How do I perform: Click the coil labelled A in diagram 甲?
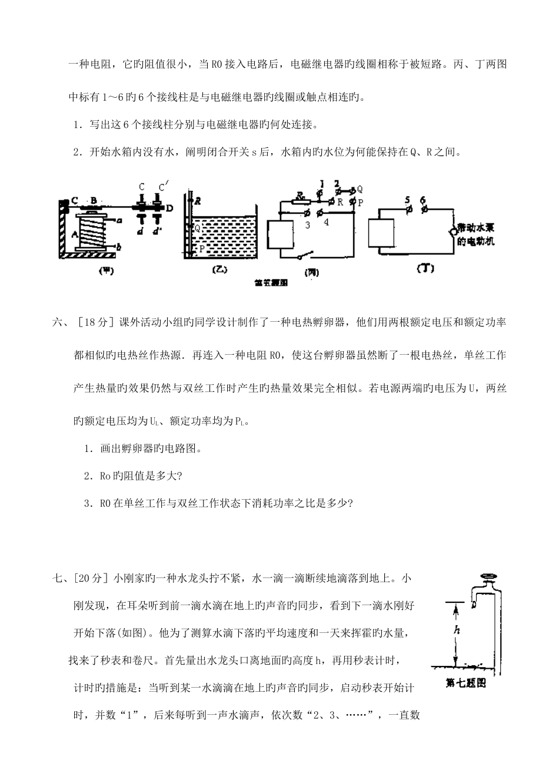[x=93, y=232]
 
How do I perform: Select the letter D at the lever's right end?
[x=169, y=208]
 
